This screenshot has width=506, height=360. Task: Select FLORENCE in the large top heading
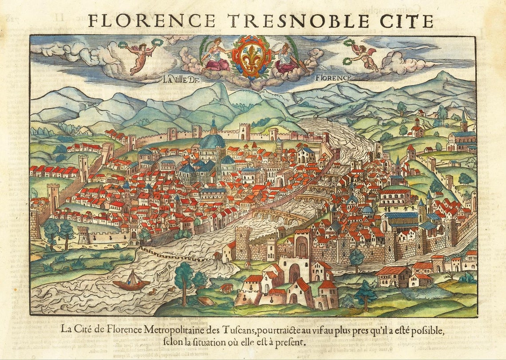pos(152,20)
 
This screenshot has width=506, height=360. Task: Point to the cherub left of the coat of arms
pos(140,55)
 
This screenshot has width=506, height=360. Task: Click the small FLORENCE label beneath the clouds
pos(333,78)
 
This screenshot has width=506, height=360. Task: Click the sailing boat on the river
pos(131,282)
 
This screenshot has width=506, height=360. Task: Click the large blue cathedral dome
pos(212,141)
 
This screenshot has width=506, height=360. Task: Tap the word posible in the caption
pos(423,331)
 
